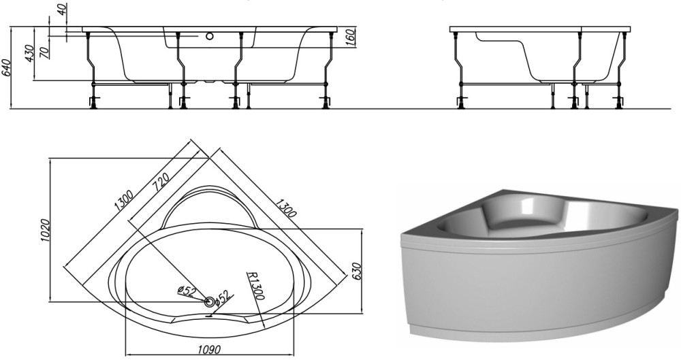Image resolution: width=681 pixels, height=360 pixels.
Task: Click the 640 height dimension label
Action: (6, 67)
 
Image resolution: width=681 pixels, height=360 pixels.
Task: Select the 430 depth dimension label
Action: (29, 53)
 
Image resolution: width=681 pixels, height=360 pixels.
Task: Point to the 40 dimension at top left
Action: (64, 9)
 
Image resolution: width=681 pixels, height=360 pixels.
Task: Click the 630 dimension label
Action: (357, 272)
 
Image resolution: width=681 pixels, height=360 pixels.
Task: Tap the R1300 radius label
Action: (255, 287)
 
